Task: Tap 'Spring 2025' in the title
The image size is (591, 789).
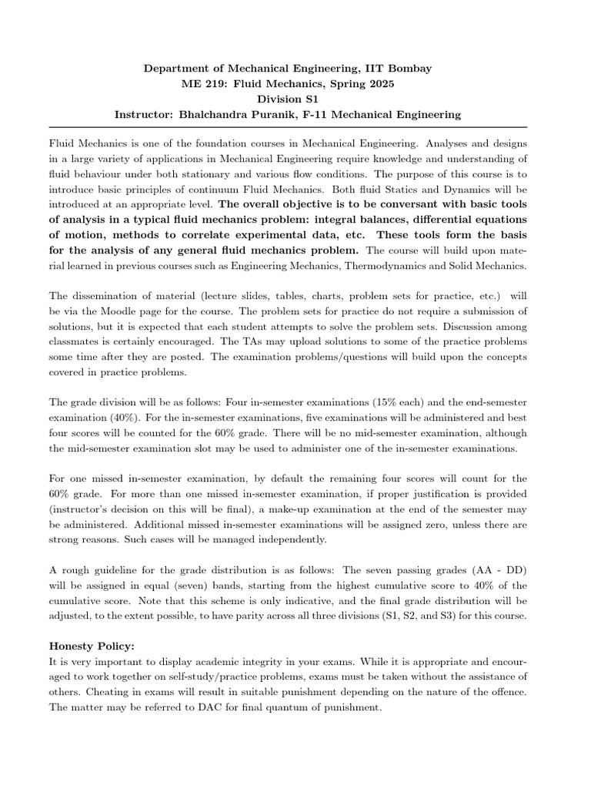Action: coord(383,84)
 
